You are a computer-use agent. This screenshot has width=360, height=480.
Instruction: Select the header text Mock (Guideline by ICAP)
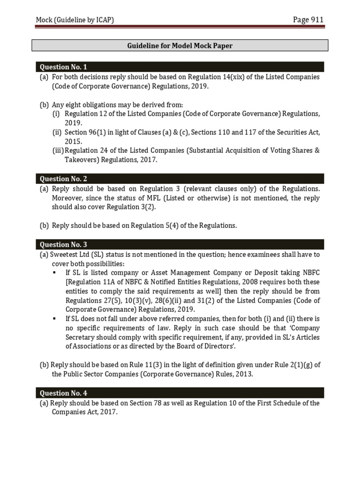pos(75,20)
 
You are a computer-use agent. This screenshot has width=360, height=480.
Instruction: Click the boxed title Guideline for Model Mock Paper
pos(180,45)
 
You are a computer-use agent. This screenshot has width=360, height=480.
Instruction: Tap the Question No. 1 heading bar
pos(180,67)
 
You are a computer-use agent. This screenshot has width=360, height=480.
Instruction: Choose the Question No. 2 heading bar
pos(180,179)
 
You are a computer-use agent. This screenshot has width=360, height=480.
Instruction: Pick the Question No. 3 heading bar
pos(180,244)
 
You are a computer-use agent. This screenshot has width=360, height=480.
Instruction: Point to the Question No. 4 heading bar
pos(180,393)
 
